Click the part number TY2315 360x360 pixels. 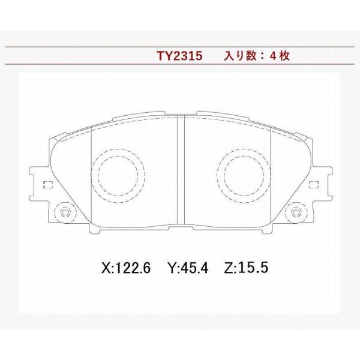pyautogui.click(x=179, y=56)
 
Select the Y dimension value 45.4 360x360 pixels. pyautogui.click(x=194, y=268)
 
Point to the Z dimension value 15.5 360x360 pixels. pyautogui.click(x=253, y=268)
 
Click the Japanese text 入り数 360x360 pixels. pyautogui.click(x=240, y=56)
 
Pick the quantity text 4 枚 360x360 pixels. pyautogui.click(x=280, y=56)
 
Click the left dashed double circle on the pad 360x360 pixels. pyautogui.click(x=118, y=176)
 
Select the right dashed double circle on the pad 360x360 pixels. pyautogui.click(x=244, y=176)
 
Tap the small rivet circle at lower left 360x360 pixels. pyautogui.click(x=65, y=212)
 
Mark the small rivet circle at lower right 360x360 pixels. pyautogui.click(x=296, y=212)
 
